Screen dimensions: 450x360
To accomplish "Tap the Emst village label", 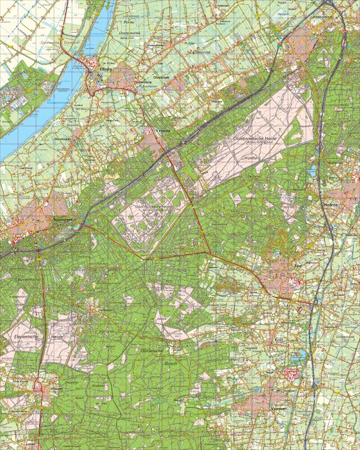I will [x=295, y=340].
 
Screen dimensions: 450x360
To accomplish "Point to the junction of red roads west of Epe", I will [x=210, y=252].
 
